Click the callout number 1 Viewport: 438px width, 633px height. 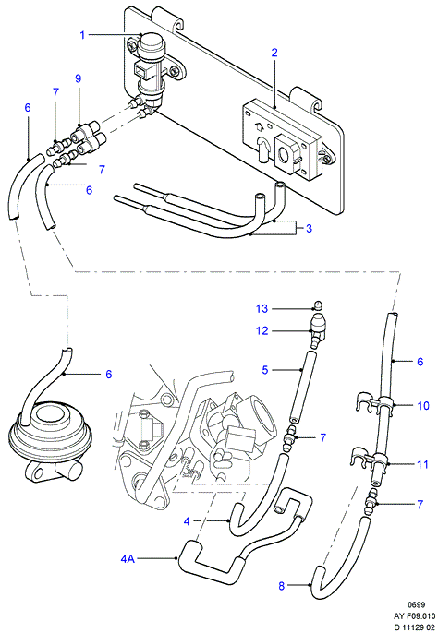coord(82,35)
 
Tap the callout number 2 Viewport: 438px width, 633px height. coord(274,53)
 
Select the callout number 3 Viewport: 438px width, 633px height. coord(309,229)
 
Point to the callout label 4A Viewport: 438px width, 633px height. coord(128,559)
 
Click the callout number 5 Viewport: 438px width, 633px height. coord(265,370)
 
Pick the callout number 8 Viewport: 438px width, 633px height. coord(282,586)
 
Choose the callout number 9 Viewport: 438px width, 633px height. coord(78,78)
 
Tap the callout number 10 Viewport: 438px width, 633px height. coord(423,405)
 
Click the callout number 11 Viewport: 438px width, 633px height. coord(422,464)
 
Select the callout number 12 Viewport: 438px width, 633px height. coord(262,330)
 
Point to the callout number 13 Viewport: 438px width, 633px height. coord(262,309)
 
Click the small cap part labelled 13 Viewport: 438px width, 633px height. coord(318,305)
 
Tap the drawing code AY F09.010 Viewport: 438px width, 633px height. coord(415,616)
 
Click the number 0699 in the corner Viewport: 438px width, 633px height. coord(416,604)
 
